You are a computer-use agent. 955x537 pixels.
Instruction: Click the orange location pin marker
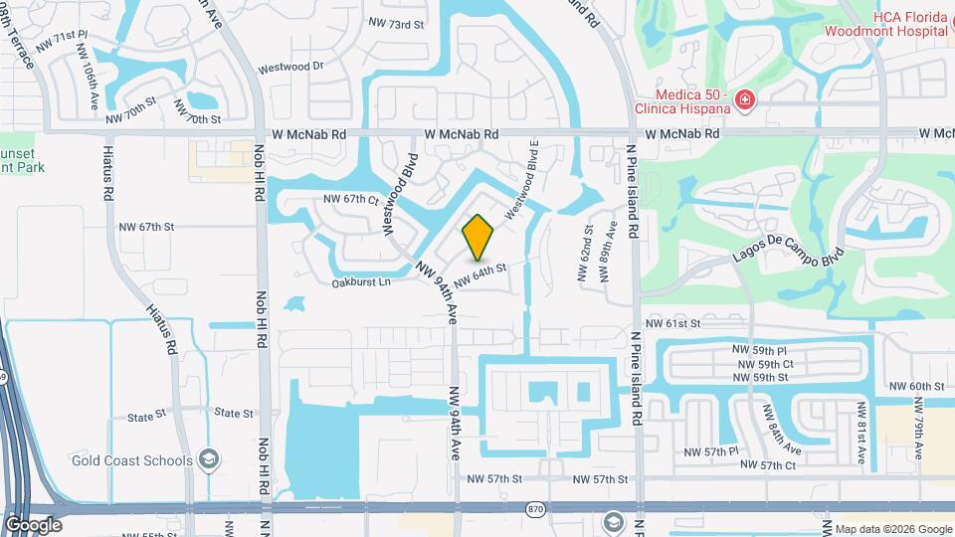[478, 238]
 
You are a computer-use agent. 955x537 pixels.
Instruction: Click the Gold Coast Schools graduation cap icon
[209, 459]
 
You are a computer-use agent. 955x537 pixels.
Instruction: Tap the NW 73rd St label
[397, 23]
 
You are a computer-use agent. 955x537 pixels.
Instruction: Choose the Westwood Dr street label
[290, 68]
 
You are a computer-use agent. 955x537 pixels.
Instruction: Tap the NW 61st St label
[673, 323]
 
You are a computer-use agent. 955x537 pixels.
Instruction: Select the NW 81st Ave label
[862, 433]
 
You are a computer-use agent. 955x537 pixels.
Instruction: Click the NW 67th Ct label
[351, 200]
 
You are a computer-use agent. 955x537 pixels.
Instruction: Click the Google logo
[33, 524]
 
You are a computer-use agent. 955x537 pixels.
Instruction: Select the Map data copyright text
[891, 529]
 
